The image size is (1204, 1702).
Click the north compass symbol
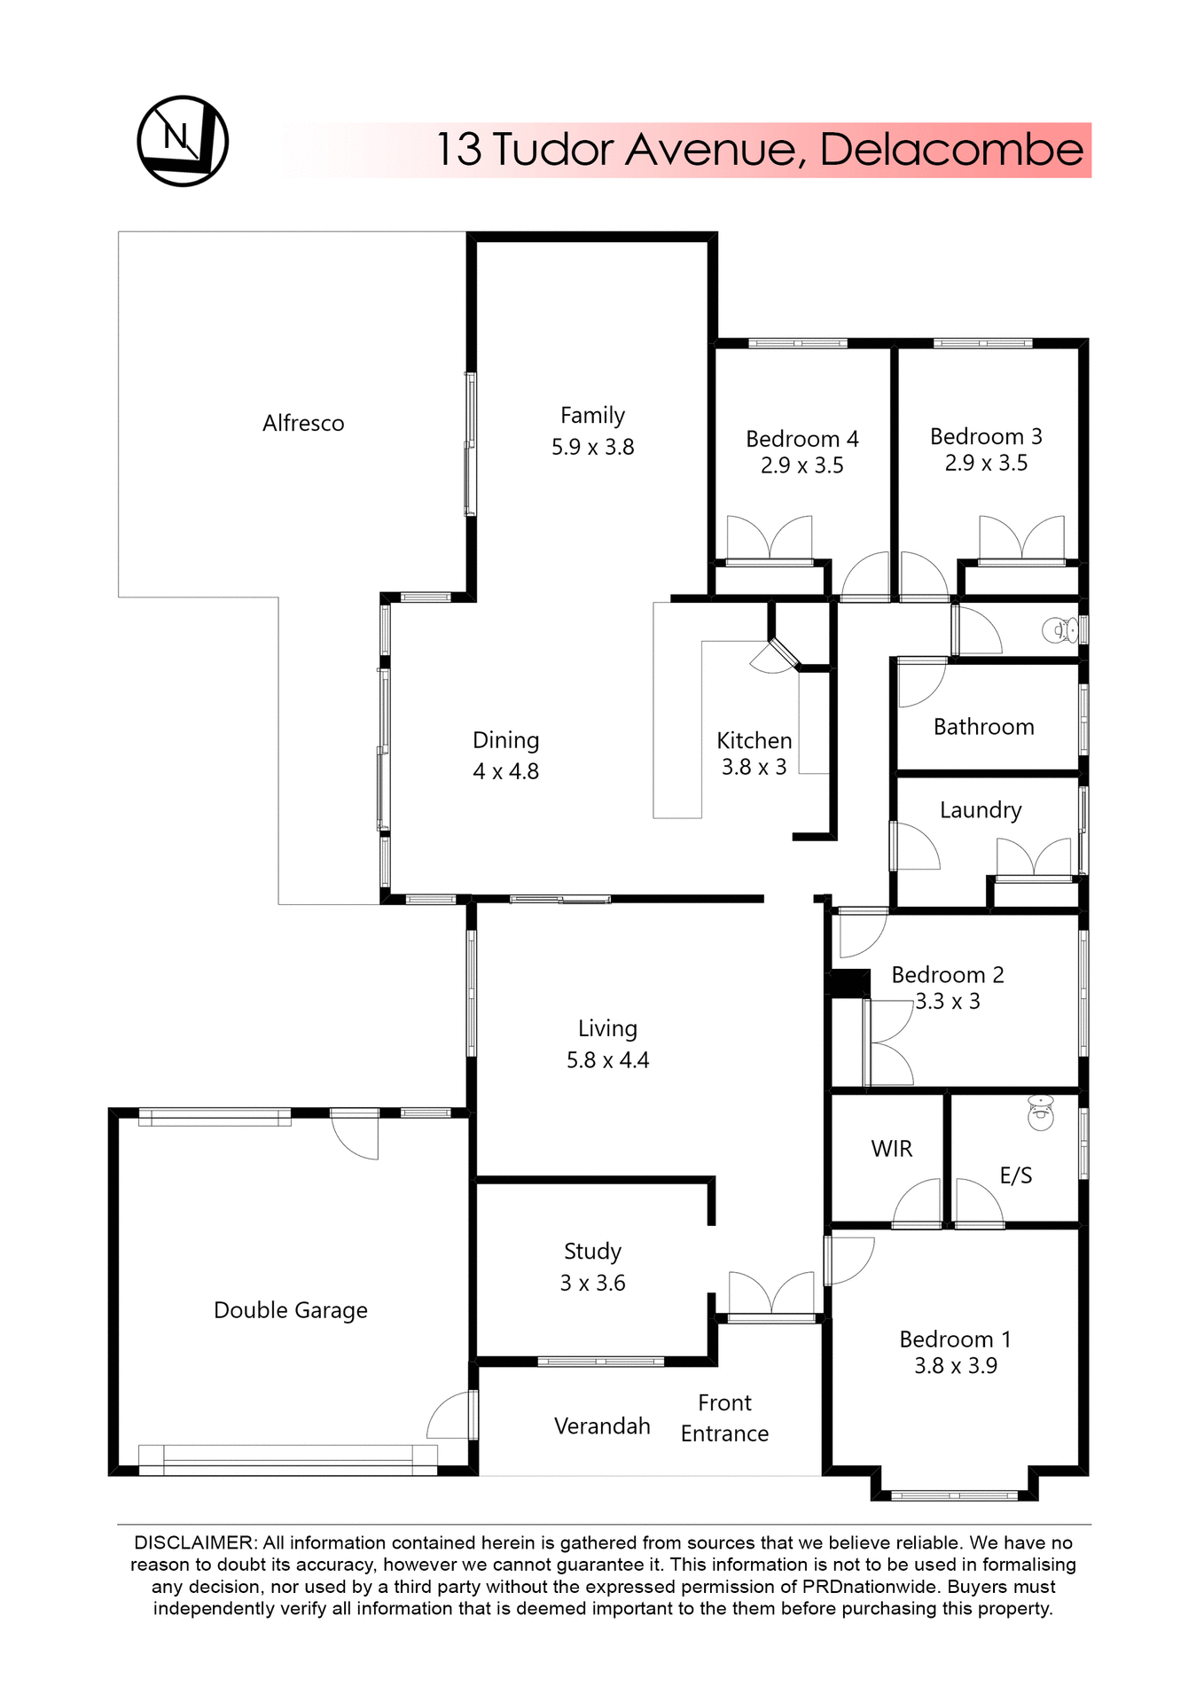click(183, 141)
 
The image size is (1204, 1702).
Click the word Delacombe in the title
click(950, 149)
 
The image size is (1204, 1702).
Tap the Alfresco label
click(303, 424)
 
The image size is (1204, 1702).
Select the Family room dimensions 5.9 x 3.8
click(592, 447)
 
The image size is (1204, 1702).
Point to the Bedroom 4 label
click(801, 439)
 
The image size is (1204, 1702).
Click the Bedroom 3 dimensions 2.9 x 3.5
click(985, 463)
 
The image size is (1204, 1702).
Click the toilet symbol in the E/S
click(1040, 1113)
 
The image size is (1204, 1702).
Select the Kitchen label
click(754, 740)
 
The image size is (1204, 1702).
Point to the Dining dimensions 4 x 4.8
click(505, 771)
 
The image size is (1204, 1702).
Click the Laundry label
click(980, 810)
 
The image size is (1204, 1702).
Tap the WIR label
click(891, 1149)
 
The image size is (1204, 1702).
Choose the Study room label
click(592, 1251)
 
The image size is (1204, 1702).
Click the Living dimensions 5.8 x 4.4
click(607, 1060)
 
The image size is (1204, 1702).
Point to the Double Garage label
click(290, 1310)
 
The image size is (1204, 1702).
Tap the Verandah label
click(602, 1425)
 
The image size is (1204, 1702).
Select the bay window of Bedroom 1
click(954, 1495)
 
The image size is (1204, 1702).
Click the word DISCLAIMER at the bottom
click(194, 1543)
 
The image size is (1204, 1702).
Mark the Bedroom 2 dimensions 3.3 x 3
click(947, 1002)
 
